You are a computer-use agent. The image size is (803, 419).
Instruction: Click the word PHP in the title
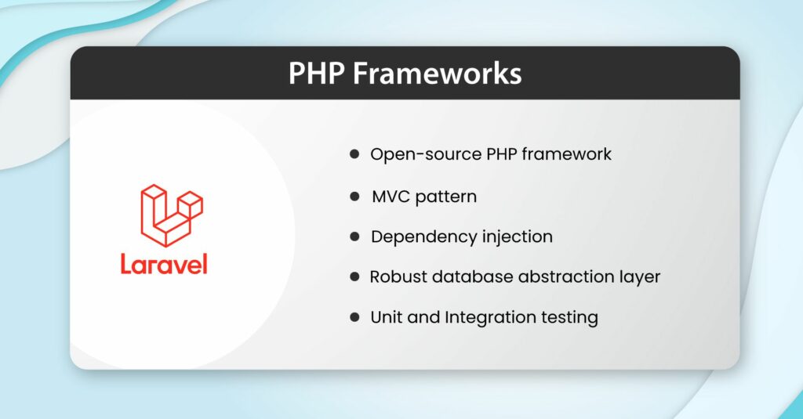point(320,74)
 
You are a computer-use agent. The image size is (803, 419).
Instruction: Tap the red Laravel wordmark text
point(164,264)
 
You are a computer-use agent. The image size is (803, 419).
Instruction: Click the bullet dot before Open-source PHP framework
point(354,154)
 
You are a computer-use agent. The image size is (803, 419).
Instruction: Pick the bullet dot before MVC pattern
point(354,196)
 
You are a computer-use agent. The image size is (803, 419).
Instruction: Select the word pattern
point(446,196)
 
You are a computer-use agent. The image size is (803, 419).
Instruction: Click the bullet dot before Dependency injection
point(354,237)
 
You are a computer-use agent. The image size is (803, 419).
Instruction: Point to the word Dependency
point(416,237)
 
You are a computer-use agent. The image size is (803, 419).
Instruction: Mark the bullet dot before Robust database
point(354,277)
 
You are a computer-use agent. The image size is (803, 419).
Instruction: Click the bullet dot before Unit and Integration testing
point(354,318)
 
